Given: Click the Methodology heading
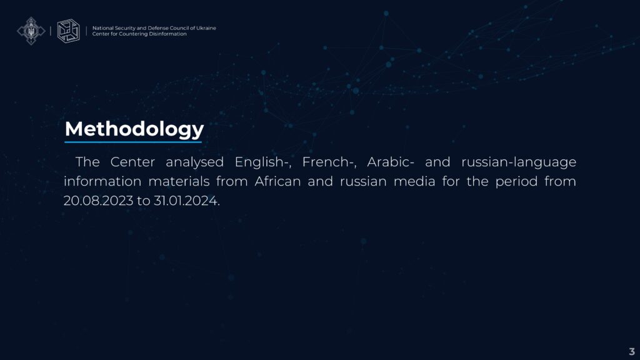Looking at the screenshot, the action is [x=134, y=129].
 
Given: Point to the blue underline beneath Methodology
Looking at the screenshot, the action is [x=133, y=142].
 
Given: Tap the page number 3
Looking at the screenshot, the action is [x=632, y=351].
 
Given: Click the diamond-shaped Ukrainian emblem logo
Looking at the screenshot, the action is [x=31, y=31].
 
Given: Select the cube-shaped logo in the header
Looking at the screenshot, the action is [x=68, y=31].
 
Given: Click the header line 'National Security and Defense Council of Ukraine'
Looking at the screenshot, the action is [x=154, y=28].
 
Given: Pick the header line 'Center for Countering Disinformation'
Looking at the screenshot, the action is [x=139, y=34].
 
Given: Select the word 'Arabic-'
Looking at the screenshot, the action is [x=391, y=162].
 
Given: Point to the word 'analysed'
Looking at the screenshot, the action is [x=195, y=162].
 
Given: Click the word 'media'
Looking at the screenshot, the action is [x=414, y=181].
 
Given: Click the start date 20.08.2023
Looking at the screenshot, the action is [x=98, y=201].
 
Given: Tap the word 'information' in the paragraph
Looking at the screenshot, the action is [x=102, y=181].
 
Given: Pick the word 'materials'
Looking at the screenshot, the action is [x=179, y=181].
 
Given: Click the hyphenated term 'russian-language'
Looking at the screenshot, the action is [x=519, y=162].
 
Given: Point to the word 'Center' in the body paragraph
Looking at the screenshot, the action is [x=132, y=162].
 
